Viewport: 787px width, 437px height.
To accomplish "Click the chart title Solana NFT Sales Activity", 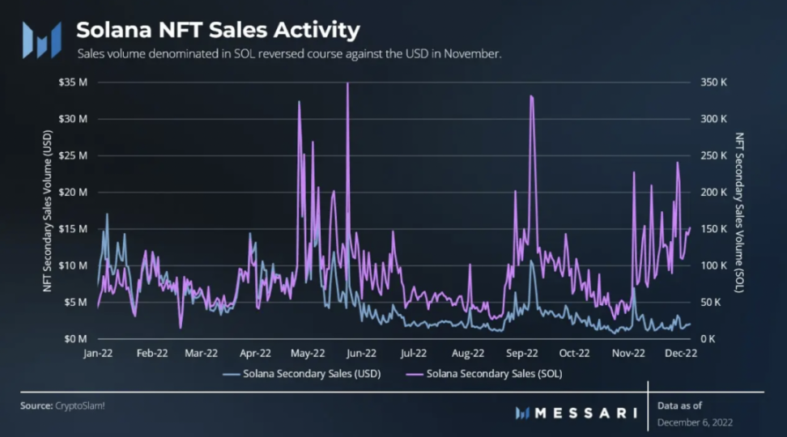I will [217, 31].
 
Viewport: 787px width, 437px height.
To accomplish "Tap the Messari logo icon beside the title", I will [41, 39].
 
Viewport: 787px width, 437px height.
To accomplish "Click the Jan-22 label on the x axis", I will [98, 353].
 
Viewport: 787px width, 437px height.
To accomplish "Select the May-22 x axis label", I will [308, 353].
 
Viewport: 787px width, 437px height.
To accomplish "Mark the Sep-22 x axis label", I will [522, 353].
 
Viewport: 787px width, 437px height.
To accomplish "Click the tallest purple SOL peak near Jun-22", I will [347, 84].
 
